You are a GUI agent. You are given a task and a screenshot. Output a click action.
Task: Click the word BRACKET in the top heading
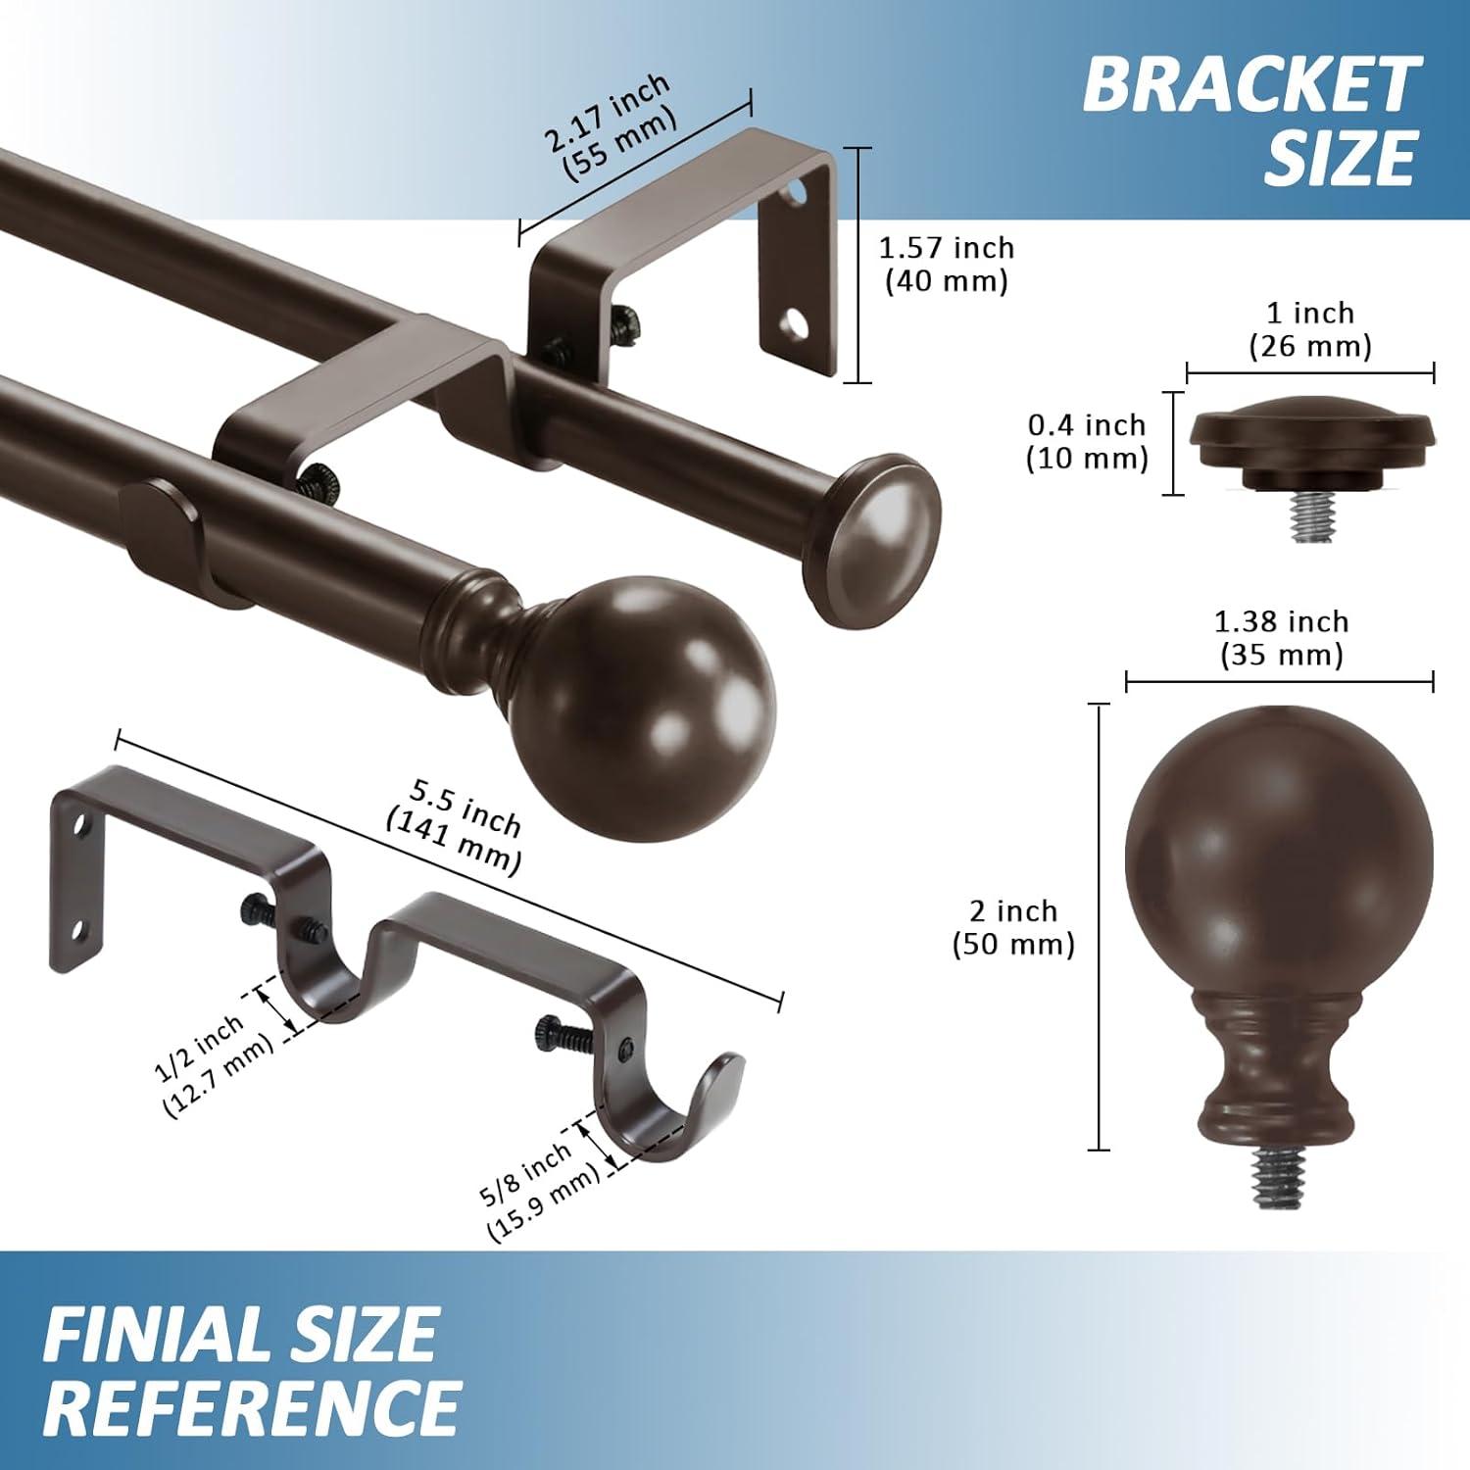pos(1250,85)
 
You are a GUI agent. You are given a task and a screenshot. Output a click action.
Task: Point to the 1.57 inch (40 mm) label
pos(947,265)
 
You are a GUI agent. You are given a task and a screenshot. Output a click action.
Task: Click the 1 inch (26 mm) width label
pos(1310,329)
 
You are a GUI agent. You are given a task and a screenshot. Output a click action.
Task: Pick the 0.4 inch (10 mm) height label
pos(1087,441)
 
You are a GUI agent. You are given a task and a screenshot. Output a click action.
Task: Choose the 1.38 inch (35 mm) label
pos(1281,638)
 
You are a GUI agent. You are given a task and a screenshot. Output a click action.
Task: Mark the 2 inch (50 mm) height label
pos(1013,927)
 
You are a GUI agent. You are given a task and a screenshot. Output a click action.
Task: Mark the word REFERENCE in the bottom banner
pos(252,1407)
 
